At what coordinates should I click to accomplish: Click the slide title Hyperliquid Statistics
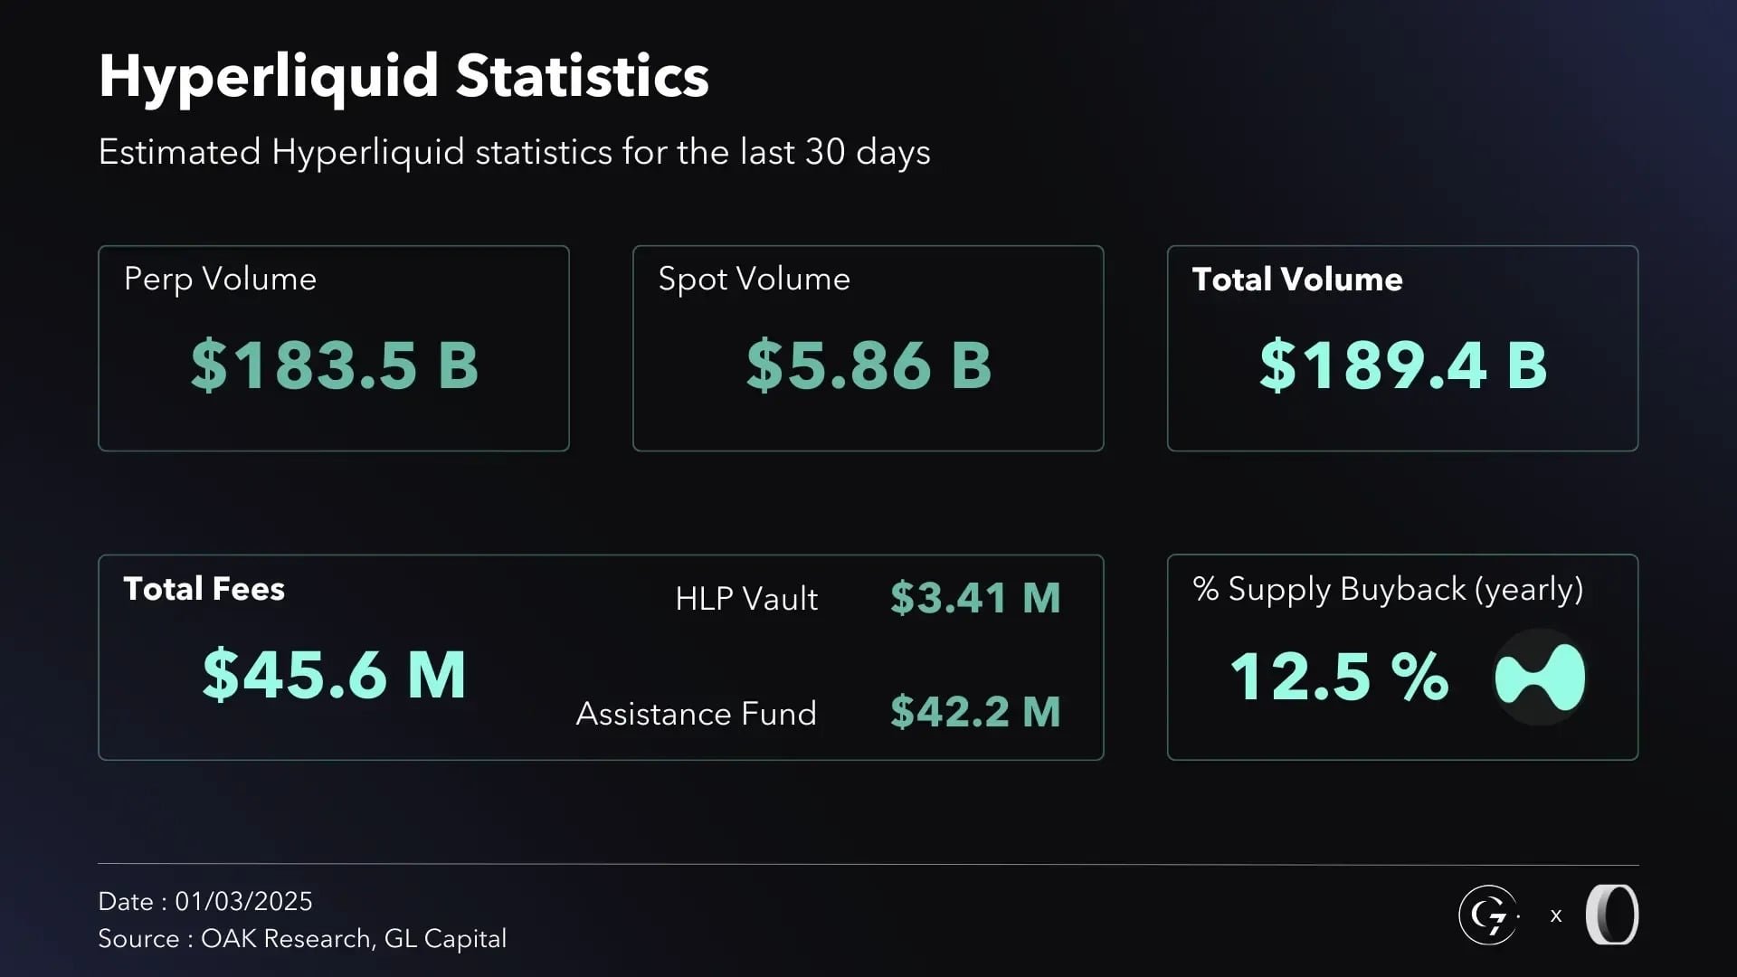point(403,76)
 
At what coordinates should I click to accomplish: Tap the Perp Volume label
point(220,279)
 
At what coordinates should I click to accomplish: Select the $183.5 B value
point(334,365)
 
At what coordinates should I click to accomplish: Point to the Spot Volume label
point(754,279)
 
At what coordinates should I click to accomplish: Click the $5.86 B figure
point(868,365)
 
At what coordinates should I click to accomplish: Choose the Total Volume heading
point(1296,279)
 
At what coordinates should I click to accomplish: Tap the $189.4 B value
point(1402,365)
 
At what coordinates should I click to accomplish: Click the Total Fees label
point(204,589)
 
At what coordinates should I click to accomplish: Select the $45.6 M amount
point(334,675)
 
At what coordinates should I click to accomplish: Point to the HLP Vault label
point(746,599)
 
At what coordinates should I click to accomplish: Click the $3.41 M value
point(975,598)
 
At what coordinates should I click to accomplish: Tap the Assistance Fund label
point(696,714)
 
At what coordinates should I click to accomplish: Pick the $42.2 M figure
point(975,712)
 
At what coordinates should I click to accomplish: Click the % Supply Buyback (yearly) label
point(1387,589)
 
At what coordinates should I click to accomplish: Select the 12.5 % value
point(1339,677)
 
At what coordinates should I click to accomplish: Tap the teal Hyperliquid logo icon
point(1540,678)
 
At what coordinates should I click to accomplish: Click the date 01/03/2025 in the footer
point(243,901)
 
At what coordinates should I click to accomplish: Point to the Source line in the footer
point(302,939)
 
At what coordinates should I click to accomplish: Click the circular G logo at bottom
point(1487,915)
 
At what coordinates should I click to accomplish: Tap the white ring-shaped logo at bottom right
point(1612,915)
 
